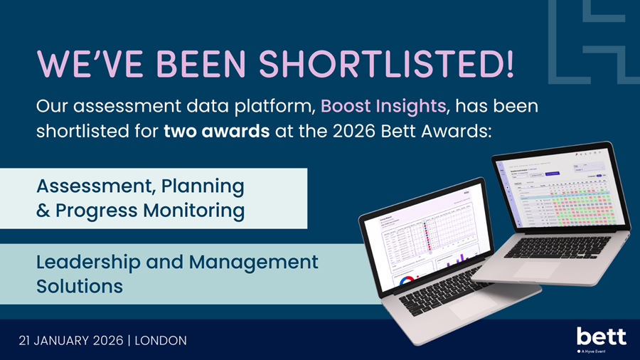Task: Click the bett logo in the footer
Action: pos(601,336)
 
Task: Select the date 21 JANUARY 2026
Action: pos(69,341)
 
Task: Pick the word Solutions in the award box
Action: pos(80,286)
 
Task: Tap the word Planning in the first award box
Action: pos(203,186)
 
